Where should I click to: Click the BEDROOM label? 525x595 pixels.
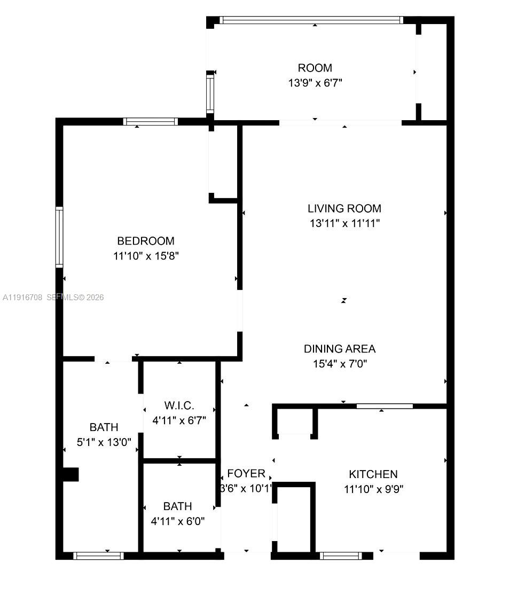(146, 241)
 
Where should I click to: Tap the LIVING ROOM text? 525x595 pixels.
(344, 208)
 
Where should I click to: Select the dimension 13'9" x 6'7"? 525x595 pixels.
(315, 83)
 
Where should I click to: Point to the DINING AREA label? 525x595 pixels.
(340, 349)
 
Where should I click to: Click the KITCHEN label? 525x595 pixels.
(373, 474)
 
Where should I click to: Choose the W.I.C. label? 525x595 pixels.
(179, 405)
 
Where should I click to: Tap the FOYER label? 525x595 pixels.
(246, 473)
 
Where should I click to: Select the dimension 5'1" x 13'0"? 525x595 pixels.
(104, 442)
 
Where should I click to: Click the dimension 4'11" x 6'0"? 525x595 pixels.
(178, 521)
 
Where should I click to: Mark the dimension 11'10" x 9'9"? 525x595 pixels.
(373, 489)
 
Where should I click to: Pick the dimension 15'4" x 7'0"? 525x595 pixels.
(340, 364)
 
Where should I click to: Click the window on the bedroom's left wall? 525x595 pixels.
(59, 237)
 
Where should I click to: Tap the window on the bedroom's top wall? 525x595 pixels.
(151, 121)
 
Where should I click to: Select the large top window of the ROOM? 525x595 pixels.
(311, 20)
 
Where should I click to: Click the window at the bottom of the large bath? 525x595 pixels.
(99, 555)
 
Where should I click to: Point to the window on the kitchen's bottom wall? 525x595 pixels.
(341, 555)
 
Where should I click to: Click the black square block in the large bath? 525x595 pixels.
(70, 474)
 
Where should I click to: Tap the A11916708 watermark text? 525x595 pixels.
(22, 297)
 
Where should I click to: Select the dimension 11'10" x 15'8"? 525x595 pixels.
(146, 256)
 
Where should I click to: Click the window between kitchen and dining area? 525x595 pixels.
(385, 406)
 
